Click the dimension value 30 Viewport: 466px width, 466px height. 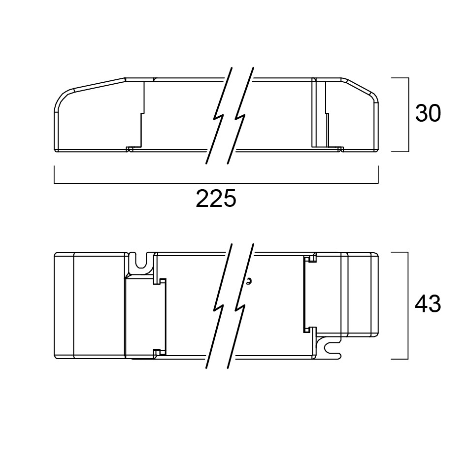coord(428,113)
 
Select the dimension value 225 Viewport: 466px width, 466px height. coord(216,199)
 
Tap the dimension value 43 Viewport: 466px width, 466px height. coord(428,304)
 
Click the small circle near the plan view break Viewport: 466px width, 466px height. coord(249,280)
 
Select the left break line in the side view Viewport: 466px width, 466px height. coord(219,115)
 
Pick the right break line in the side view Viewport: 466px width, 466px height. coord(240,115)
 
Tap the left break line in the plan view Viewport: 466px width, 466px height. coord(219,306)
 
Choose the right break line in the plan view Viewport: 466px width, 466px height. coord(240,306)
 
